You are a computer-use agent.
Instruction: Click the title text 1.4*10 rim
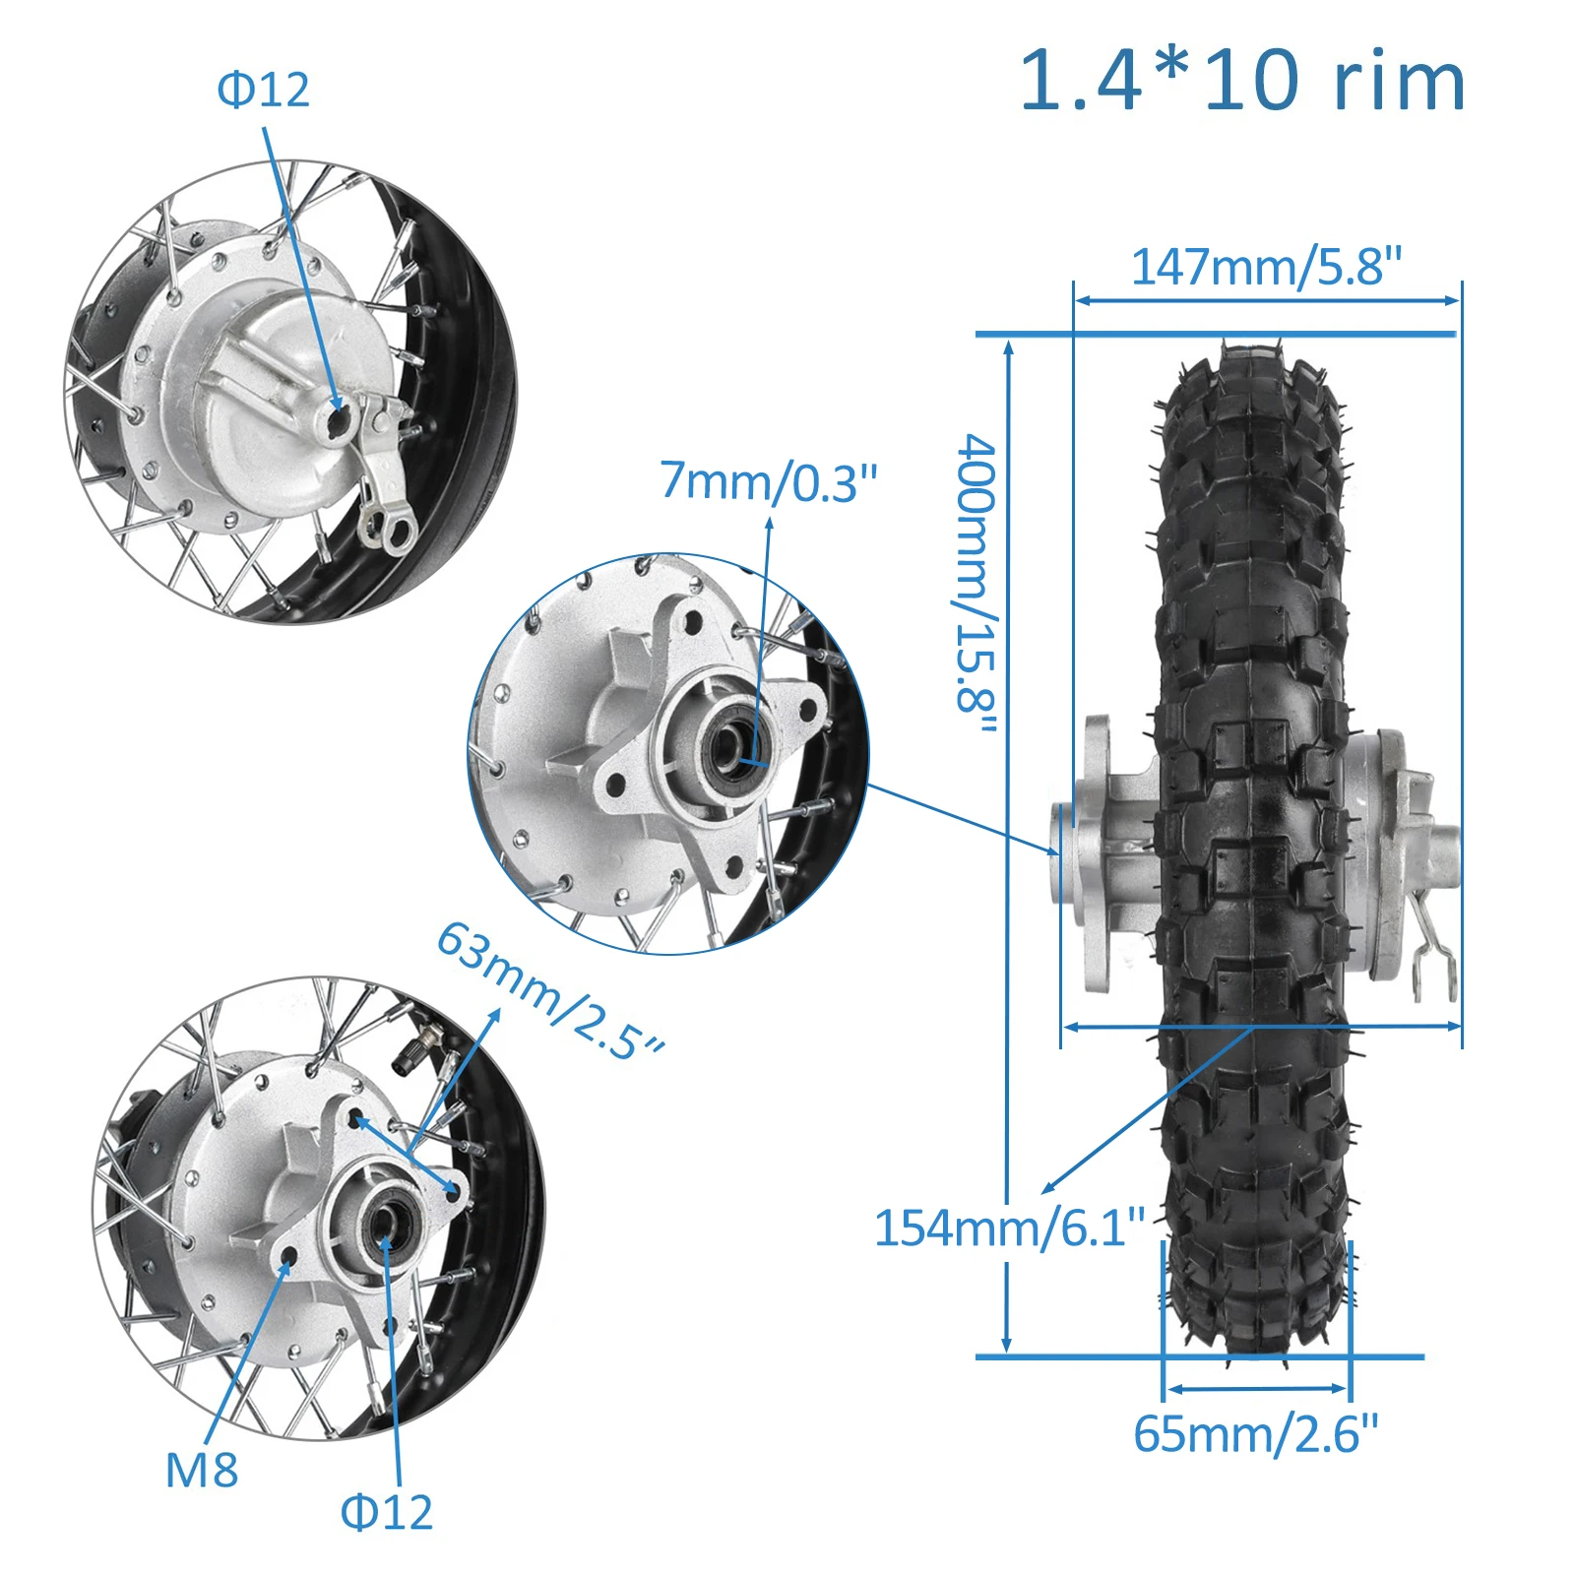[1242, 81]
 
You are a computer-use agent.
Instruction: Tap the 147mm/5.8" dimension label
[1266, 267]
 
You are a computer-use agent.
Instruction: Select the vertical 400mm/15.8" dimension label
[977, 585]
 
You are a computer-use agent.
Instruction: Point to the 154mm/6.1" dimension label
[1010, 1228]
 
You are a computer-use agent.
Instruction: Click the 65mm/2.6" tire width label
[1256, 1434]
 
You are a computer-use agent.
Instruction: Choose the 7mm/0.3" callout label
[768, 481]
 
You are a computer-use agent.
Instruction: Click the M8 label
[202, 1471]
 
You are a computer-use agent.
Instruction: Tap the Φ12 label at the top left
[263, 91]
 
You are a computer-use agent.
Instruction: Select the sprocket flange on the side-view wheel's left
[1095, 854]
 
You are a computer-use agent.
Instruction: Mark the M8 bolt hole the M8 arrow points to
[289, 1257]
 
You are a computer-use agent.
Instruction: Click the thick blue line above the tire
[1216, 335]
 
